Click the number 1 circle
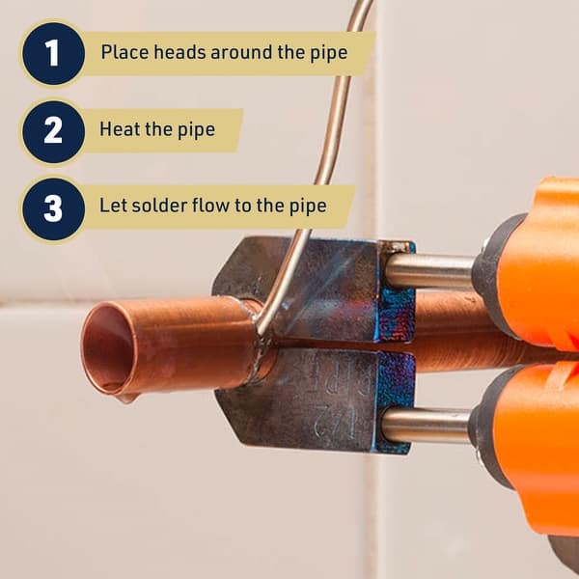(x=52, y=53)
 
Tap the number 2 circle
(x=52, y=130)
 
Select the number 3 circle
(x=52, y=207)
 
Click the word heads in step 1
(x=170, y=51)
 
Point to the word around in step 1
(x=229, y=51)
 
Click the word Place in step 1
(x=120, y=51)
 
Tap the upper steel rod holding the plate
(x=429, y=271)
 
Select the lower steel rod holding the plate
(x=426, y=426)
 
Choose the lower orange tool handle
(x=540, y=444)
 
